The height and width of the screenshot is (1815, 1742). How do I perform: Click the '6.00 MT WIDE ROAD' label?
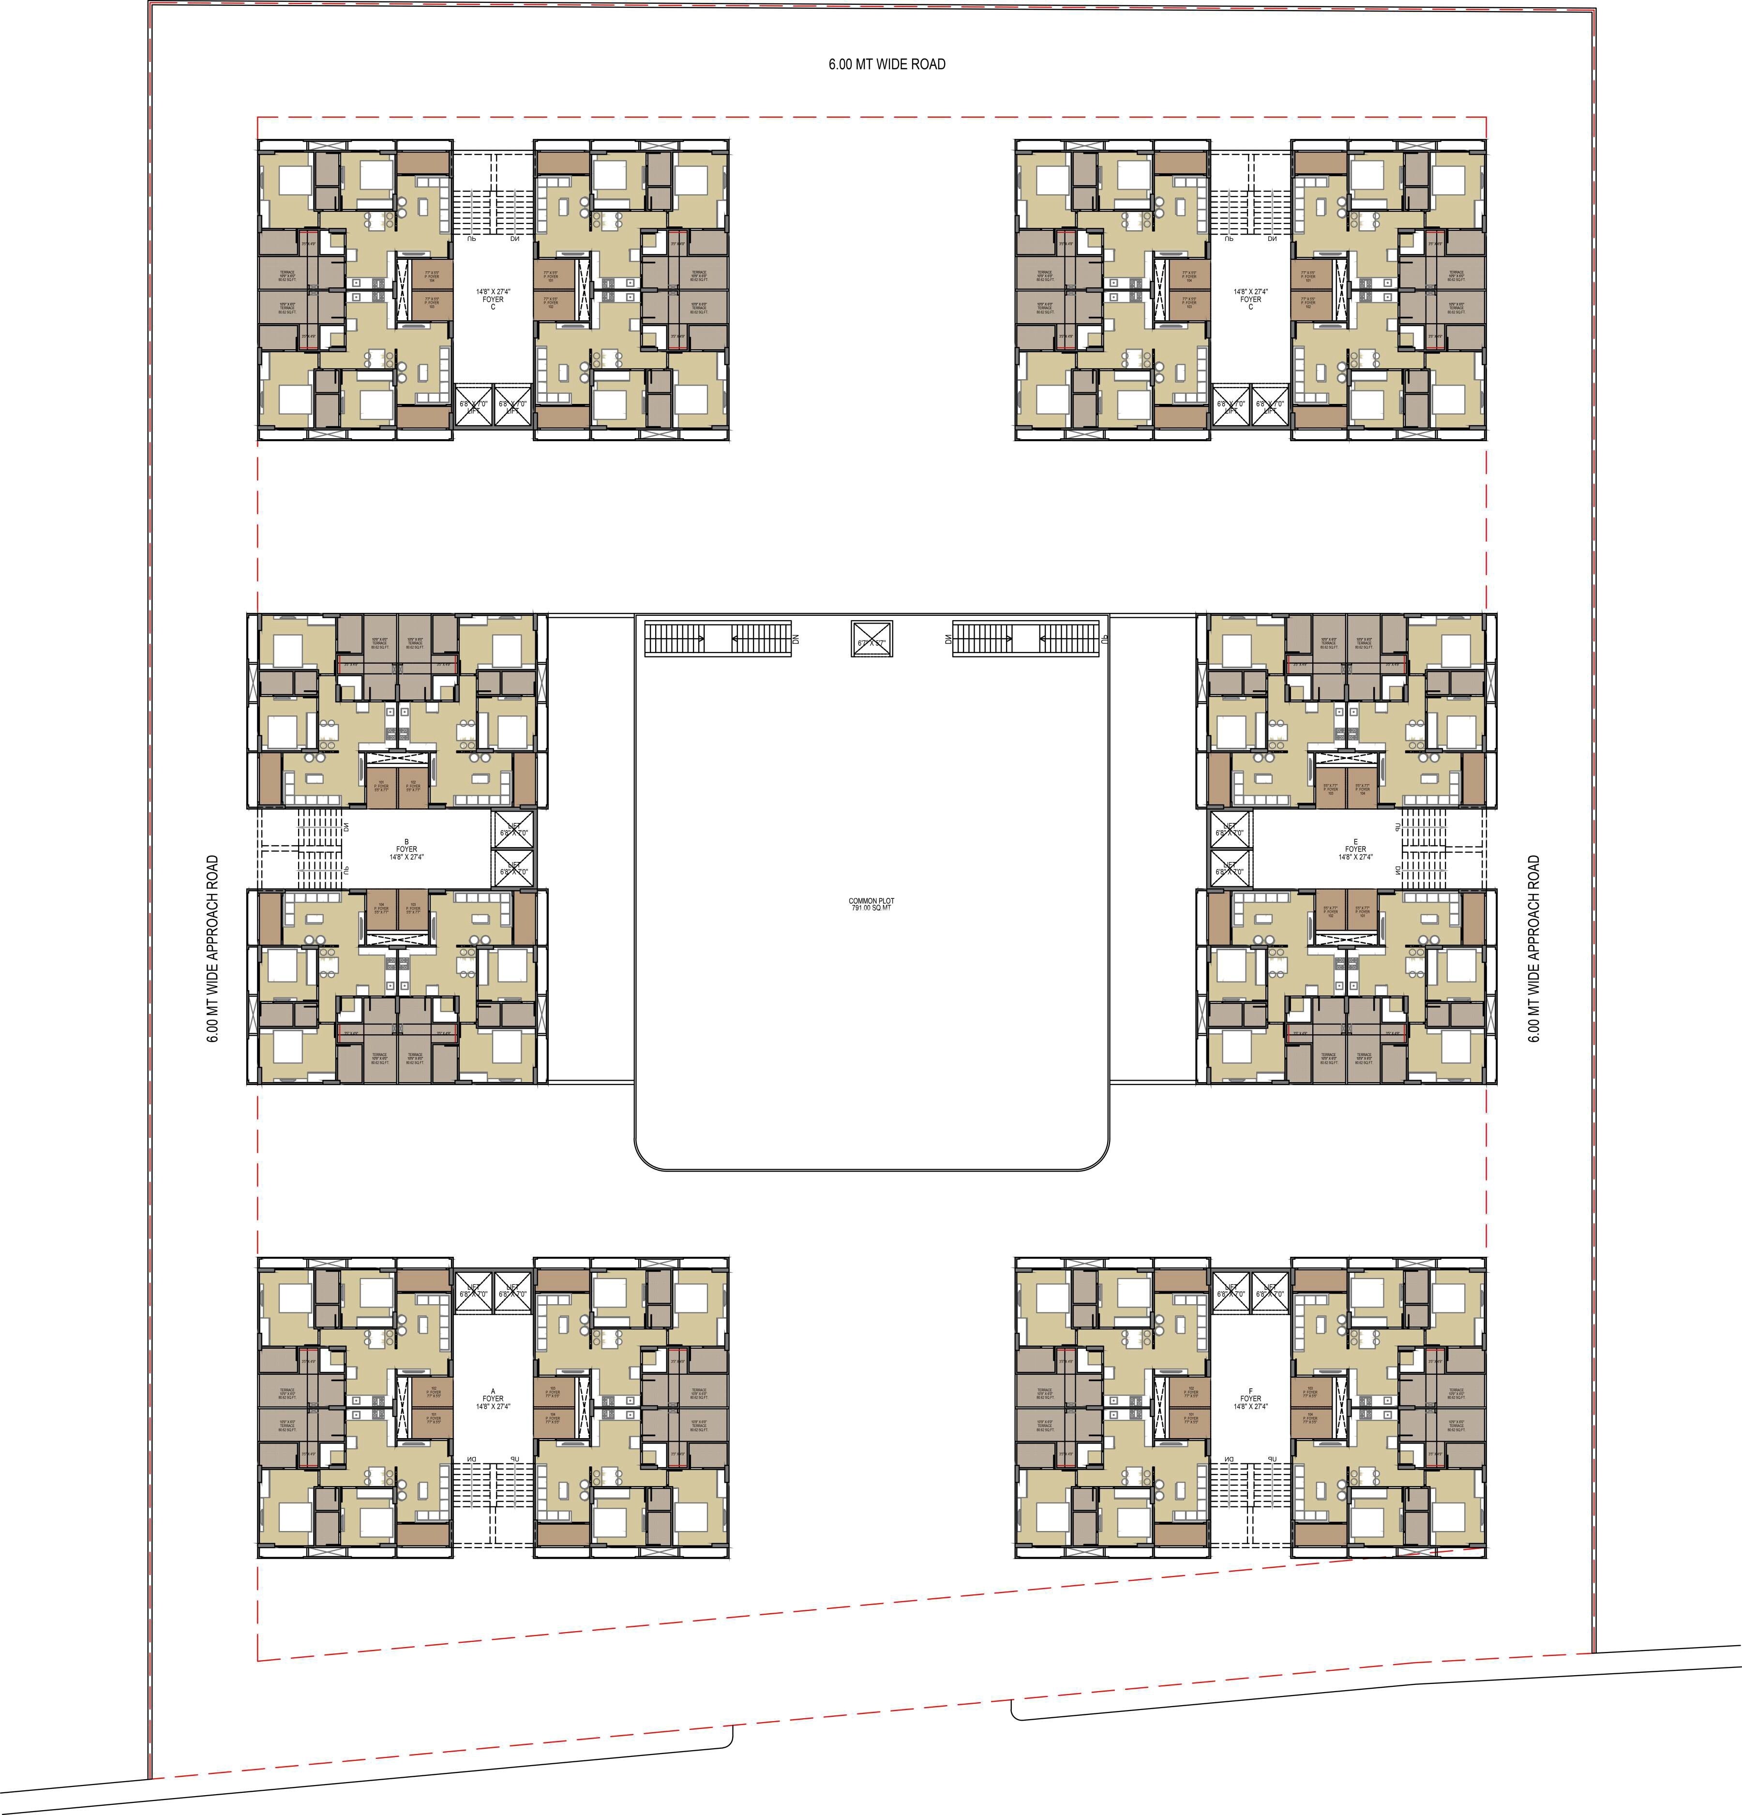pyautogui.click(x=886, y=64)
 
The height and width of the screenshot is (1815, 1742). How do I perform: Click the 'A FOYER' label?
pyautogui.click(x=493, y=1398)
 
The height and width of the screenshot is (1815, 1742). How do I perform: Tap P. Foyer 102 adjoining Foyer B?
pyautogui.click(x=413, y=787)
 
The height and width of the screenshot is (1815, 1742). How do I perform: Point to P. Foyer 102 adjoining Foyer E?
pyautogui.click(x=1331, y=912)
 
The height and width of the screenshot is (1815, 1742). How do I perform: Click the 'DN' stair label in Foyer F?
pyautogui.click(x=1228, y=1460)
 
